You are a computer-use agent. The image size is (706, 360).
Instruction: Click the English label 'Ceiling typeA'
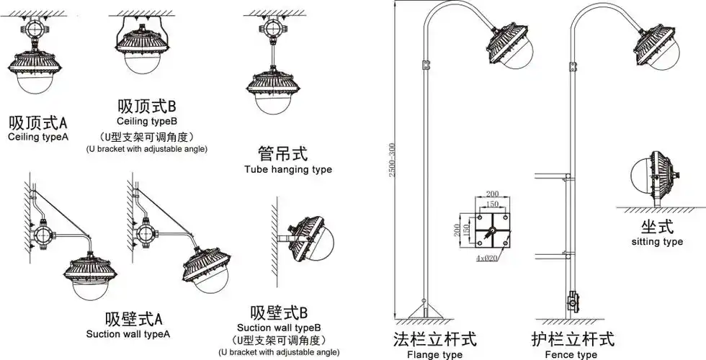tap(38, 136)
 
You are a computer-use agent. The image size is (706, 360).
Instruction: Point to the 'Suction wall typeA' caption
tap(128, 333)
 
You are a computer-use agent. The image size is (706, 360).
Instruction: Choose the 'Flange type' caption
tap(434, 354)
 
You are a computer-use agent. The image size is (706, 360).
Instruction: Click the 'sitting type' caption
tap(656, 242)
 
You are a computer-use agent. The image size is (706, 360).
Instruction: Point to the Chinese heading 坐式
tap(656, 226)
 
